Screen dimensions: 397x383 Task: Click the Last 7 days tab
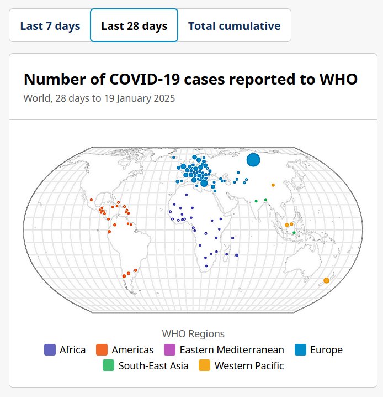[x=50, y=26]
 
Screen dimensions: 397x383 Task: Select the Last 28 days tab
[x=134, y=26]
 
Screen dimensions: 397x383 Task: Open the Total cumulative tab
[x=234, y=26]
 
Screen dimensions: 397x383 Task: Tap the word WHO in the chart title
[x=338, y=80]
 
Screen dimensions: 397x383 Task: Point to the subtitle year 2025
[x=164, y=98]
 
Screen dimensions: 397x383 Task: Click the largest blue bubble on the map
[x=253, y=160]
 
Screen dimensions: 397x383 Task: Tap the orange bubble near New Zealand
[x=326, y=281]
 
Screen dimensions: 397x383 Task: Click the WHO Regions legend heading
[x=193, y=333]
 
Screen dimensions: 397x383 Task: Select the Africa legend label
[x=72, y=349]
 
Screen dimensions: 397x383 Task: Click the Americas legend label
[x=132, y=349]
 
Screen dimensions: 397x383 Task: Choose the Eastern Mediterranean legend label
[x=232, y=349]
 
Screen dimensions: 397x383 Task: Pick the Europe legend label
[x=326, y=349]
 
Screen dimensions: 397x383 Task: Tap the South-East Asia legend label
[x=153, y=365]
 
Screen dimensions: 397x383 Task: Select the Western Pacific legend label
[x=249, y=365]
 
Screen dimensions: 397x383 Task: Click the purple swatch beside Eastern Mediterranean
[x=170, y=349]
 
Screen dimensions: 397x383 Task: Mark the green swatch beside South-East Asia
[x=109, y=365]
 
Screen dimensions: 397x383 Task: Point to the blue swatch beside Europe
[x=300, y=349]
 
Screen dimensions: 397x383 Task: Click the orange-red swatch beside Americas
[x=102, y=349]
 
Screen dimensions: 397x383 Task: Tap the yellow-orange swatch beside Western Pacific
[x=205, y=365]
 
